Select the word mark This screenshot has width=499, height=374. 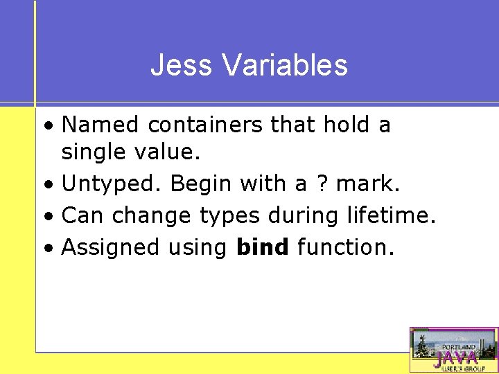[x=368, y=184]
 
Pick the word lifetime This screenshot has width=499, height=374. [x=391, y=215]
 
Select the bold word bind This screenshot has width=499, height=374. [x=263, y=247]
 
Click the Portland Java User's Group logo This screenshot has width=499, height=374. [x=454, y=350]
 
